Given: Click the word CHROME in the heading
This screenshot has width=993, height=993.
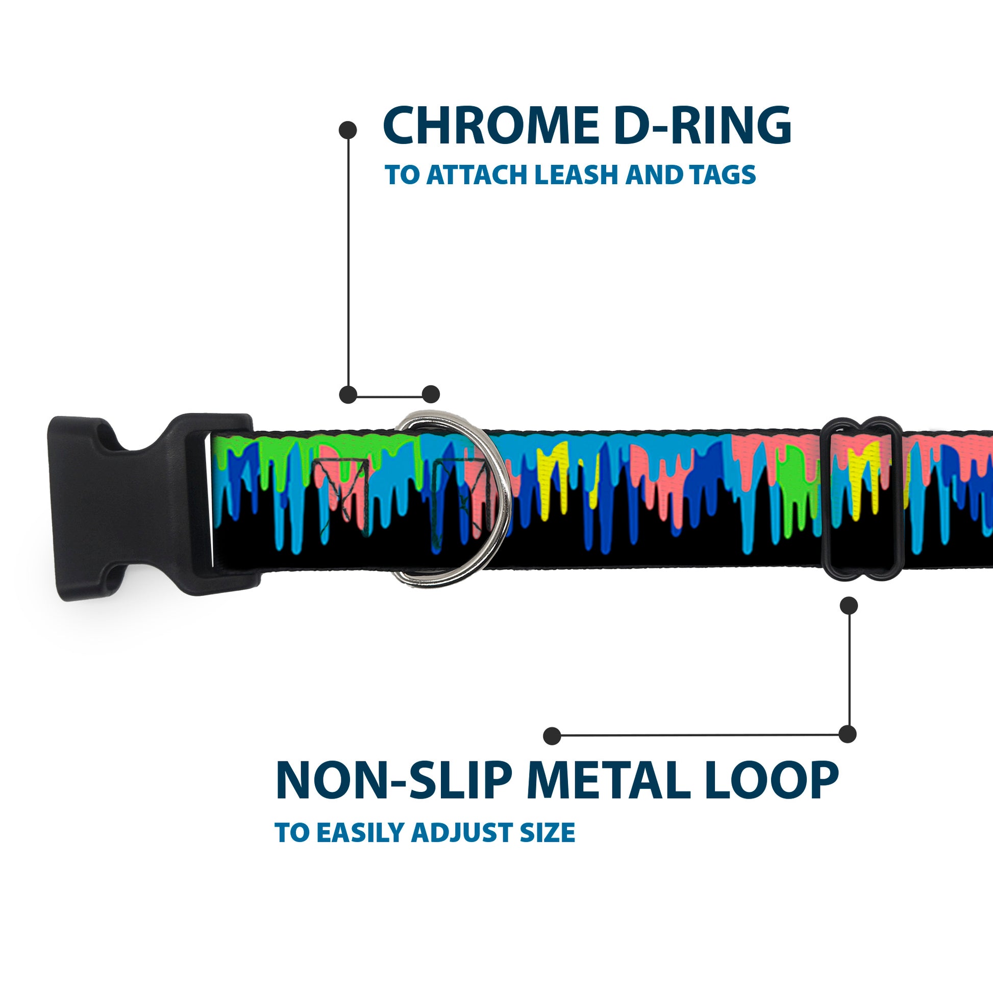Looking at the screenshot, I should pyautogui.click(x=490, y=127).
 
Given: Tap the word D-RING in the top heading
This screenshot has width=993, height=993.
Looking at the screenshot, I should pyautogui.click(x=702, y=127).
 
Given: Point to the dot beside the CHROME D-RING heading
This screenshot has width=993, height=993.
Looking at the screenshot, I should pyautogui.click(x=348, y=130).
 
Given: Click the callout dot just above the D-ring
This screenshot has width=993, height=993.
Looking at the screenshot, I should pyautogui.click(x=431, y=394).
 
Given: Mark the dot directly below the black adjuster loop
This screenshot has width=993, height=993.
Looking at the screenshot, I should pyautogui.click(x=849, y=606).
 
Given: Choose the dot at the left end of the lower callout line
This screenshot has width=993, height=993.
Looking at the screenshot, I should pyautogui.click(x=552, y=735).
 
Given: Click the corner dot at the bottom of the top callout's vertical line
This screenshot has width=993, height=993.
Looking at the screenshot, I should pyautogui.click(x=349, y=394).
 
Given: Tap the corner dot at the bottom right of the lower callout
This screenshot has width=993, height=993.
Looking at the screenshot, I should pyautogui.click(x=848, y=734).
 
